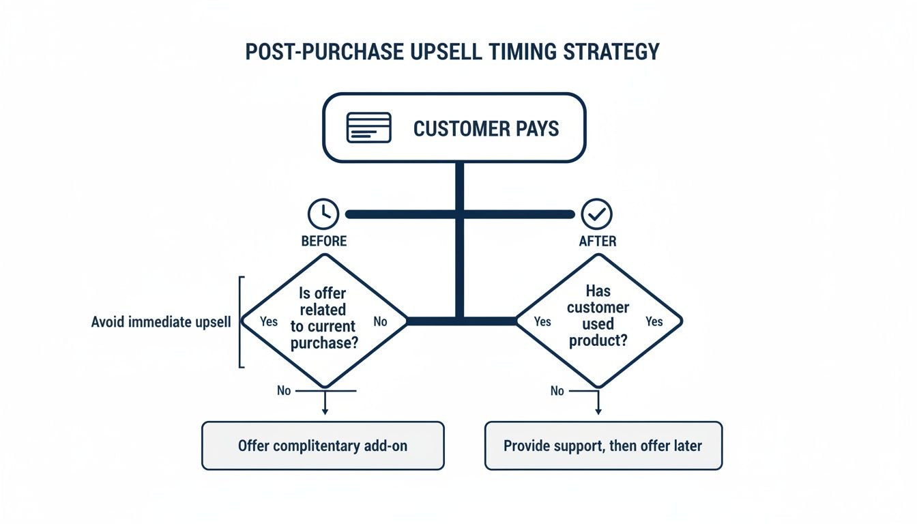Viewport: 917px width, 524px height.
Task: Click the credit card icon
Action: (368, 128)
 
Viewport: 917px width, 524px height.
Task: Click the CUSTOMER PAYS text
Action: (486, 128)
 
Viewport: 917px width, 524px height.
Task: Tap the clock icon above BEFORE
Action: (323, 214)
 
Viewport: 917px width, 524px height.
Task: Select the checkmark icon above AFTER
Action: (596, 214)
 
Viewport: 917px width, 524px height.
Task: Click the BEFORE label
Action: (324, 242)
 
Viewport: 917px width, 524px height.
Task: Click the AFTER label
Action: (597, 242)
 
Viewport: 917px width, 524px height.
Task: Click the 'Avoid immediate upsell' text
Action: (161, 321)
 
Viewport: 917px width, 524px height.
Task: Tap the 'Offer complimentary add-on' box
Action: (323, 446)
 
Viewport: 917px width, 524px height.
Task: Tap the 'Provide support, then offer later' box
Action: (603, 446)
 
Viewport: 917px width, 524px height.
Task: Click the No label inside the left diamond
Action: (380, 321)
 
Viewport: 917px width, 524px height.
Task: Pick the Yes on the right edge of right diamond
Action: (654, 321)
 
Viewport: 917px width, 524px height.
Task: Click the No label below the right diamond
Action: (557, 391)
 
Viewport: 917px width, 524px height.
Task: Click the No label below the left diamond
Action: (284, 391)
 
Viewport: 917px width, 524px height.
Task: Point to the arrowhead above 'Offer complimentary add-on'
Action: (325, 411)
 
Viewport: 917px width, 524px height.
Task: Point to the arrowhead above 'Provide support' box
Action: (598, 411)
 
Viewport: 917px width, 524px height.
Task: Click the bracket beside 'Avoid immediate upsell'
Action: (240, 321)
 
